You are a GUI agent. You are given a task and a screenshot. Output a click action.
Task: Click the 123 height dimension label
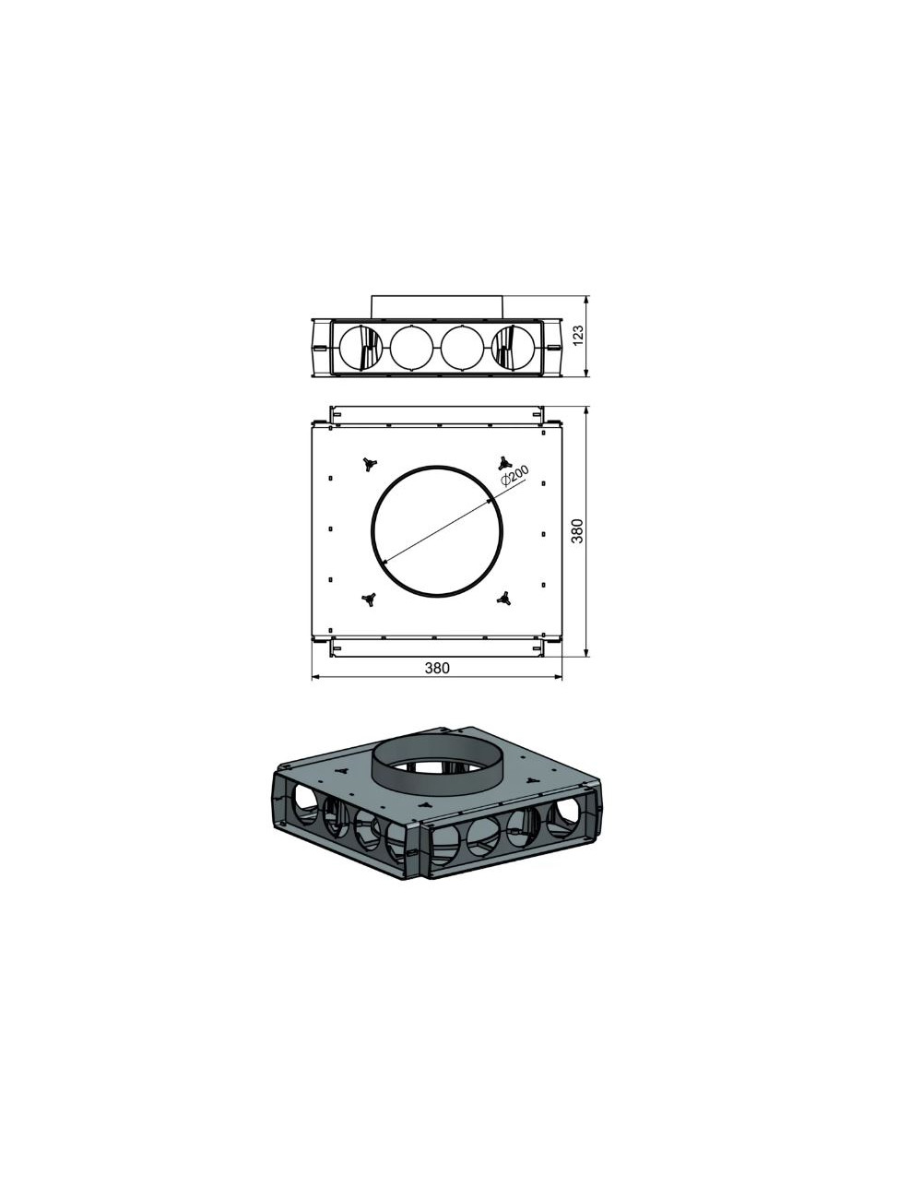pyautogui.click(x=578, y=336)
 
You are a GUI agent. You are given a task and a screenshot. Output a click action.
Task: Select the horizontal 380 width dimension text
pyautogui.click(x=437, y=668)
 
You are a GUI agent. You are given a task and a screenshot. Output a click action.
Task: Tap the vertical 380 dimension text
pyautogui.click(x=577, y=531)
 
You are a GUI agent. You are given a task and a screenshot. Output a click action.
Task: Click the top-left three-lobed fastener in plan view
pyautogui.click(x=367, y=464)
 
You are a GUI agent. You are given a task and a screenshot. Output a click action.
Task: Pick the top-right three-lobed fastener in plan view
pyautogui.click(x=502, y=462)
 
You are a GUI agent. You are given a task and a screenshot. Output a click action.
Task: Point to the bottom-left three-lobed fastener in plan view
pyautogui.click(x=369, y=599)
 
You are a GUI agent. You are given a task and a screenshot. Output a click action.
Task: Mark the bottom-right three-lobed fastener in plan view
pyautogui.click(x=503, y=597)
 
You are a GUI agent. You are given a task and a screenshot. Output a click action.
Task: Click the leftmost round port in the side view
pyautogui.click(x=361, y=348)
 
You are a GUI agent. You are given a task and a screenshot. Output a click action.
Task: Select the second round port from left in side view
pyautogui.click(x=411, y=348)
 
